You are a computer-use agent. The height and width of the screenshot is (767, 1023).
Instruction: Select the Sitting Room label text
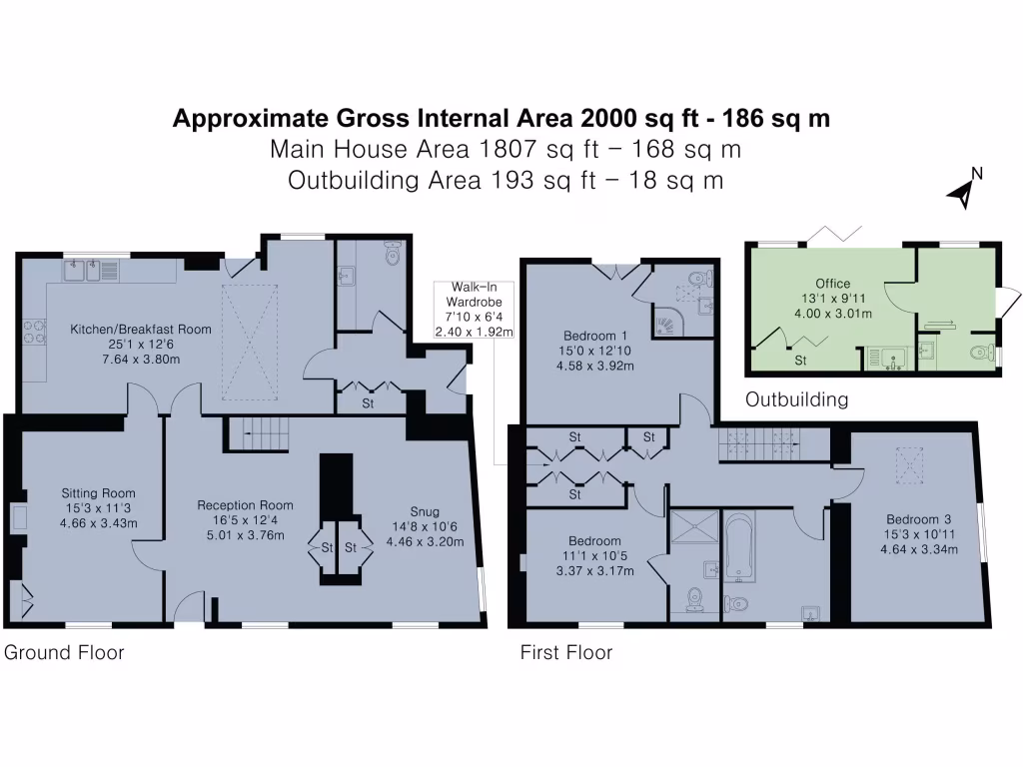98,492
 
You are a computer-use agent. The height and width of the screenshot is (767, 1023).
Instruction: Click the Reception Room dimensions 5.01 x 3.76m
245,535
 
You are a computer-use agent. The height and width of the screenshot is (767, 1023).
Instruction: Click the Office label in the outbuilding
832,284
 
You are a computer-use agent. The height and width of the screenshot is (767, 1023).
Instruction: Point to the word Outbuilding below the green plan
797,399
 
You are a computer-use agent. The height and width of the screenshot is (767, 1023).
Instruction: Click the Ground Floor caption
65,653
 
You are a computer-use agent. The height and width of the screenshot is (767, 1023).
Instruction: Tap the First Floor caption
565,653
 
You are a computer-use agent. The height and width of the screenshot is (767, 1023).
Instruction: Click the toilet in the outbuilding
982,353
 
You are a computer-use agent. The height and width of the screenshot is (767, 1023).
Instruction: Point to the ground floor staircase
258,432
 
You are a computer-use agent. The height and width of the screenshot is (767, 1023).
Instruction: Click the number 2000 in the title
612,119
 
